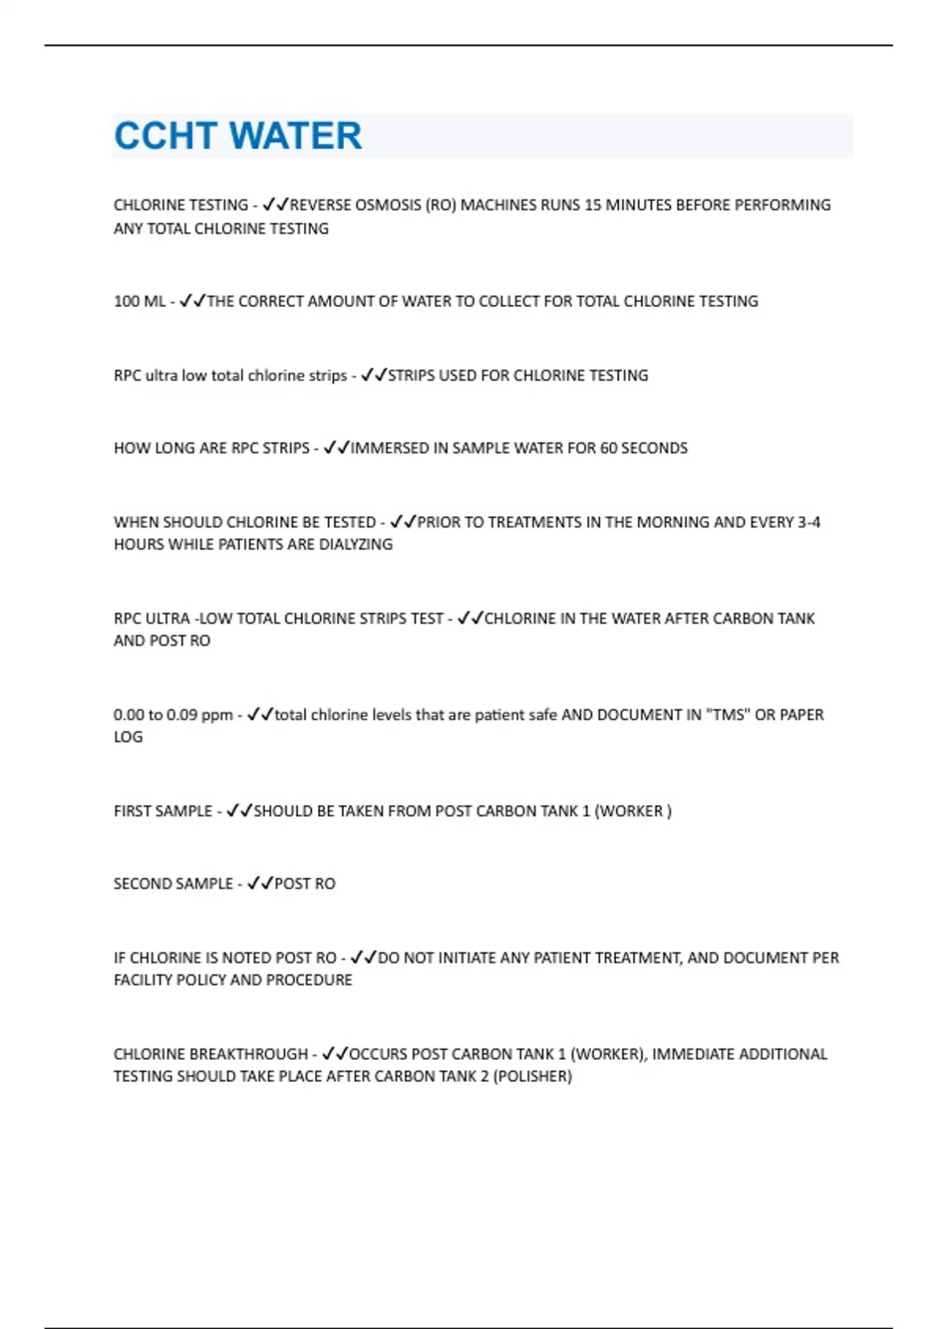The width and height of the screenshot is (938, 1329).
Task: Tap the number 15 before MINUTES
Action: [593, 205]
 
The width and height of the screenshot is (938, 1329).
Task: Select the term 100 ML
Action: [139, 301]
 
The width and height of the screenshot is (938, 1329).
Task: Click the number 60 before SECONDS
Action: [607, 448]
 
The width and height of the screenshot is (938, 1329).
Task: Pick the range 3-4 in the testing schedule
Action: [808, 522]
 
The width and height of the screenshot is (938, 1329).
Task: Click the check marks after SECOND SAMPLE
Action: [260, 883]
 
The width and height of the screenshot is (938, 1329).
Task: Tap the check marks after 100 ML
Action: [192, 301]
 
